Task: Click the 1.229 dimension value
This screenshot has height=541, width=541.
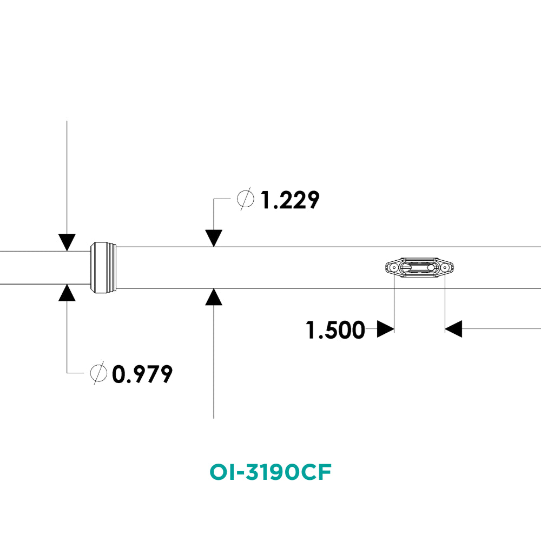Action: (290, 200)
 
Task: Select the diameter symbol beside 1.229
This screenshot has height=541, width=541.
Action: (246, 199)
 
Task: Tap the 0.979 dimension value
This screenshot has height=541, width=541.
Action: (142, 374)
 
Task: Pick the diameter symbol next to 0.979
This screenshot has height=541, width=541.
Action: (98, 373)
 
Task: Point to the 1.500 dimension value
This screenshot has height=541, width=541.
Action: (335, 330)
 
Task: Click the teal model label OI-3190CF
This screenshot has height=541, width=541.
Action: (270, 472)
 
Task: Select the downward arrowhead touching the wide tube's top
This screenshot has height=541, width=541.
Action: (214, 239)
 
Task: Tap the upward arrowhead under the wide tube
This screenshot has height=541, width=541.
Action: (214, 297)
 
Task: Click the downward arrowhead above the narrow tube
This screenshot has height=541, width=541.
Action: (67, 242)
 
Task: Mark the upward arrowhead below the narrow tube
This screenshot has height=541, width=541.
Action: (67, 293)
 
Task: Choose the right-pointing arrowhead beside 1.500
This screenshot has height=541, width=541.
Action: (385, 329)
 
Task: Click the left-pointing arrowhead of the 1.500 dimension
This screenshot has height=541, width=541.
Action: (453, 329)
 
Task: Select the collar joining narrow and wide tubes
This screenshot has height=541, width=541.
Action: (103, 268)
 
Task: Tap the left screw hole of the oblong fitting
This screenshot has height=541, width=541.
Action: (394, 267)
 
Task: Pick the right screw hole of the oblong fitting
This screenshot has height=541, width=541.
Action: (445, 267)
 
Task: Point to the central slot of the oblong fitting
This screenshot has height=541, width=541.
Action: (419, 267)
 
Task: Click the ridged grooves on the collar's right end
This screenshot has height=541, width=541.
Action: (112, 268)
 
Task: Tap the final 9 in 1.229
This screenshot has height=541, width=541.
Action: (313, 200)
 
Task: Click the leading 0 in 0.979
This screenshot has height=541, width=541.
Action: (118, 374)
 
